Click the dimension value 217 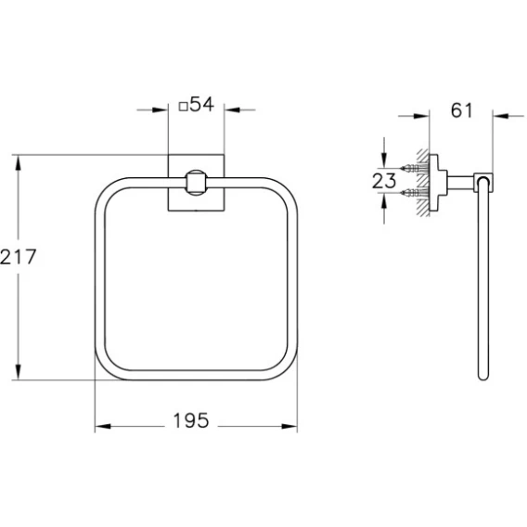pyautogui.click(x=18, y=257)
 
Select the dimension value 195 pyautogui.click(x=191, y=420)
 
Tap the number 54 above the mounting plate pyautogui.click(x=201, y=104)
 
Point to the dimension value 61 pyautogui.click(x=461, y=110)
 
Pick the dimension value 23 pyautogui.click(x=384, y=181)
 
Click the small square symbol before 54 pyautogui.click(x=183, y=107)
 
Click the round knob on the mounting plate pyautogui.click(x=195, y=183)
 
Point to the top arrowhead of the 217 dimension pyautogui.click(x=19, y=162)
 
